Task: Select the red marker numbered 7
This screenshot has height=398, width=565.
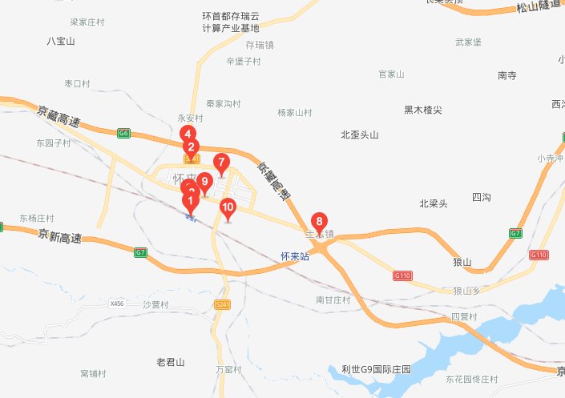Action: (221, 162)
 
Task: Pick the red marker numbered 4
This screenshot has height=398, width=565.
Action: (187, 134)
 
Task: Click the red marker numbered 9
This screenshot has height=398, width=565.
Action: (204, 181)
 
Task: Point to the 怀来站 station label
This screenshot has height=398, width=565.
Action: (295, 257)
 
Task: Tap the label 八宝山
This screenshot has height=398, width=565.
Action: (61, 41)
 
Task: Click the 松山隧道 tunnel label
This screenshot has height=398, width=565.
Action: (537, 8)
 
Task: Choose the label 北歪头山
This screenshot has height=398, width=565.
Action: (359, 135)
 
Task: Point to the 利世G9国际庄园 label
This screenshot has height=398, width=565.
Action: (375, 370)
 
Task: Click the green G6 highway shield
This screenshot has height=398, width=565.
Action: (123, 133)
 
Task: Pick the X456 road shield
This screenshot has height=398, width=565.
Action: (118, 304)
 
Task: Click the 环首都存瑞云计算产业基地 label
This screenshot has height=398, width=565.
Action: (231, 22)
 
